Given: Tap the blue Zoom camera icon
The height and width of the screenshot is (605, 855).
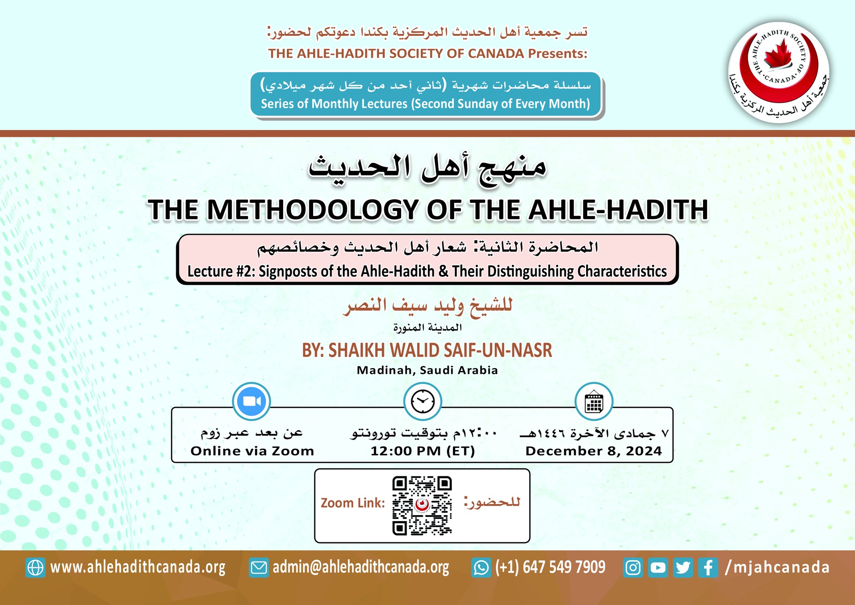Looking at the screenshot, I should pyautogui.click(x=251, y=401).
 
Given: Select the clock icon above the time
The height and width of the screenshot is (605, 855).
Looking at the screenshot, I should pyautogui.click(x=422, y=401).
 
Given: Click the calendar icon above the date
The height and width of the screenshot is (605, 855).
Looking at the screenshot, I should pyautogui.click(x=594, y=401).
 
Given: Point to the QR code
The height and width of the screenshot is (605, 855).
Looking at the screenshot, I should pyautogui.click(x=422, y=506).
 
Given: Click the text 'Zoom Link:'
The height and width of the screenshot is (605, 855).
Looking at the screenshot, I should pyautogui.click(x=353, y=503).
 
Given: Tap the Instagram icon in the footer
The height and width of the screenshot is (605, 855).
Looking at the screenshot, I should pyautogui.click(x=633, y=568).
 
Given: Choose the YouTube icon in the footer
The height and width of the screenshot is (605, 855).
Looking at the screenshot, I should pyautogui.click(x=658, y=568).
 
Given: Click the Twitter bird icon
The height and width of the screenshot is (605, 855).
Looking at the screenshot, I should pyautogui.click(x=683, y=568).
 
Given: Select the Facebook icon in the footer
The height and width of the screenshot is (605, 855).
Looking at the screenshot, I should pyautogui.click(x=708, y=568).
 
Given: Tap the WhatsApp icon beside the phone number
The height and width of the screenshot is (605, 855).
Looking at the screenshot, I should pyautogui.click(x=481, y=568).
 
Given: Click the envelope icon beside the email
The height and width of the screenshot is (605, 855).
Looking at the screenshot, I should pyautogui.click(x=258, y=568).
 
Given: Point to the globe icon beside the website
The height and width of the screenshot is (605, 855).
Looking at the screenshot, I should pyautogui.click(x=35, y=568).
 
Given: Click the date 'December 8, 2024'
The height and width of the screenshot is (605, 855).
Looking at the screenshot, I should pyautogui.click(x=594, y=451).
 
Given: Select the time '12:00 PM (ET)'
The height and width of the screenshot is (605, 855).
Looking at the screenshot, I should pyautogui.click(x=422, y=451).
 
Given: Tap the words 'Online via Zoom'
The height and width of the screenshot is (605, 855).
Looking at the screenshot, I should pyautogui.click(x=252, y=451).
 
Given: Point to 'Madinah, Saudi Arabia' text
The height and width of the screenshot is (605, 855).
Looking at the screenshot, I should pyautogui.click(x=427, y=370).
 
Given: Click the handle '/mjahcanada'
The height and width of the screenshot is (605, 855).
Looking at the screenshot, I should pyautogui.click(x=777, y=567).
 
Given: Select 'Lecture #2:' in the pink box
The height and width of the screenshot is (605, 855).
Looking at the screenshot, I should pyautogui.click(x=221, y=272).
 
